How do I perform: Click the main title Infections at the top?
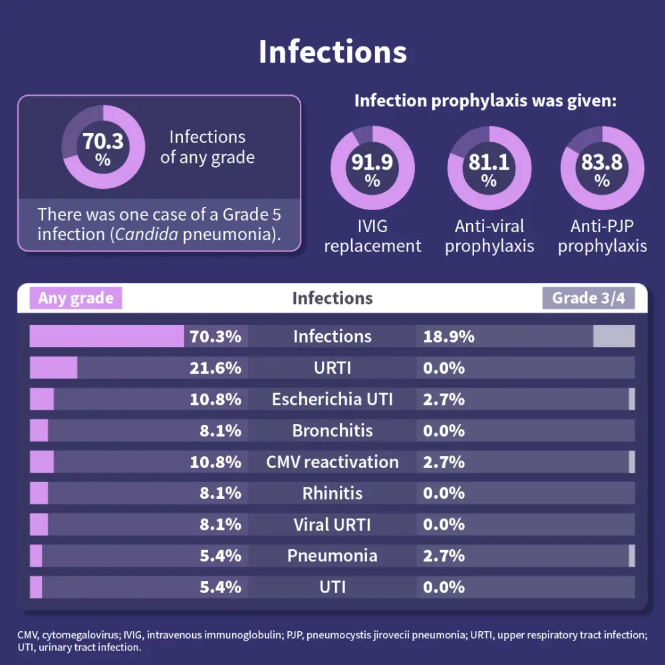click(x=332, y=52)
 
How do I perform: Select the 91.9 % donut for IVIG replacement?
click(x=372, y=169)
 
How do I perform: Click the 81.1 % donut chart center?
click(x=489, y=169)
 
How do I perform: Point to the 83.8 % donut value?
click(x=602, y=169)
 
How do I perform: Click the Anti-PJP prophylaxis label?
click(x=602, y=236)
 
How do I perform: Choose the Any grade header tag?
click(x=76, y=298)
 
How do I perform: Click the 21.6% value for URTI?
click(x=215, y=368)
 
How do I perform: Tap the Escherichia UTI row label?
click(x=332, y=399)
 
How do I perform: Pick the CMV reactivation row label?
click(x=332, y=462)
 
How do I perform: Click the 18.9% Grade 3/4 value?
click(x=449, y=336)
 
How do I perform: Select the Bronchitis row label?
click(x=332, y=430)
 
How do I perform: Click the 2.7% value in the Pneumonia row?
click(x=444, y=556)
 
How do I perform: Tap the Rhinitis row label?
click(x=332, y=493)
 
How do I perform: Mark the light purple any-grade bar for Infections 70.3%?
click(x=106, y=336)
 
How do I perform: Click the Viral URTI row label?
click(x=332, y=525)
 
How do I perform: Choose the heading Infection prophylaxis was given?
click(x=485, y=101)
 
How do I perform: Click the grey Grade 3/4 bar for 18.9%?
click(x=614, y=336)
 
